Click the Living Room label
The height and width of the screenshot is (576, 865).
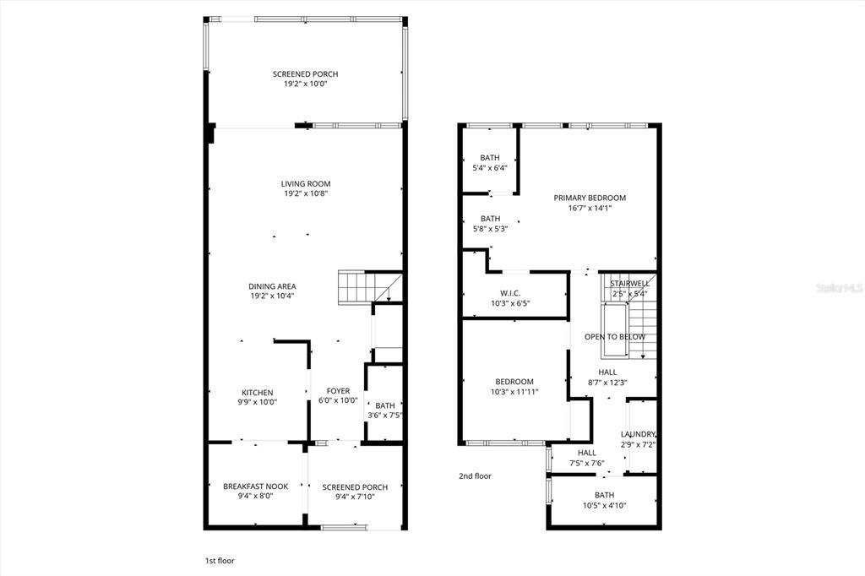coord(306,183)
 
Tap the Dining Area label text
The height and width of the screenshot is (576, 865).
coord(272,285)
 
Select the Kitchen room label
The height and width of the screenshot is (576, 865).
coord(258,393)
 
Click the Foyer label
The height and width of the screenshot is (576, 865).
coord(338,391)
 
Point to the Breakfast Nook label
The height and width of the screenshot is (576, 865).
coord(255,486)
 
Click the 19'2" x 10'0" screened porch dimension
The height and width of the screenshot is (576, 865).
coord(306,84)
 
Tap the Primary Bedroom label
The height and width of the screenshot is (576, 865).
coord(590,198)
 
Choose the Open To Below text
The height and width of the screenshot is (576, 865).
coord(614,337)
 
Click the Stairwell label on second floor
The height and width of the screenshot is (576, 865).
coord(629,283)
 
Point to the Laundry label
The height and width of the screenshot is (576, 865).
coord(638,434)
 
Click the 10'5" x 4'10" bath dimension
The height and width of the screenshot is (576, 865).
coord(604,505)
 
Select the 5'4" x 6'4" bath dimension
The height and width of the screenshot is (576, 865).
coord(490,167)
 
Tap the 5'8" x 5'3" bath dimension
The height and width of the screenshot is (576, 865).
coord(490,228)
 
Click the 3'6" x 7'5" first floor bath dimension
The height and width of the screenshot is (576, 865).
coord(384,415)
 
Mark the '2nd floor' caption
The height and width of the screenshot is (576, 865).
coord(475,476)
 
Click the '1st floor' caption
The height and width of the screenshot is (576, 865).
coord(220,561)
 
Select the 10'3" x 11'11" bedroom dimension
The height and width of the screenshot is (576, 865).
coord(514,392)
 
